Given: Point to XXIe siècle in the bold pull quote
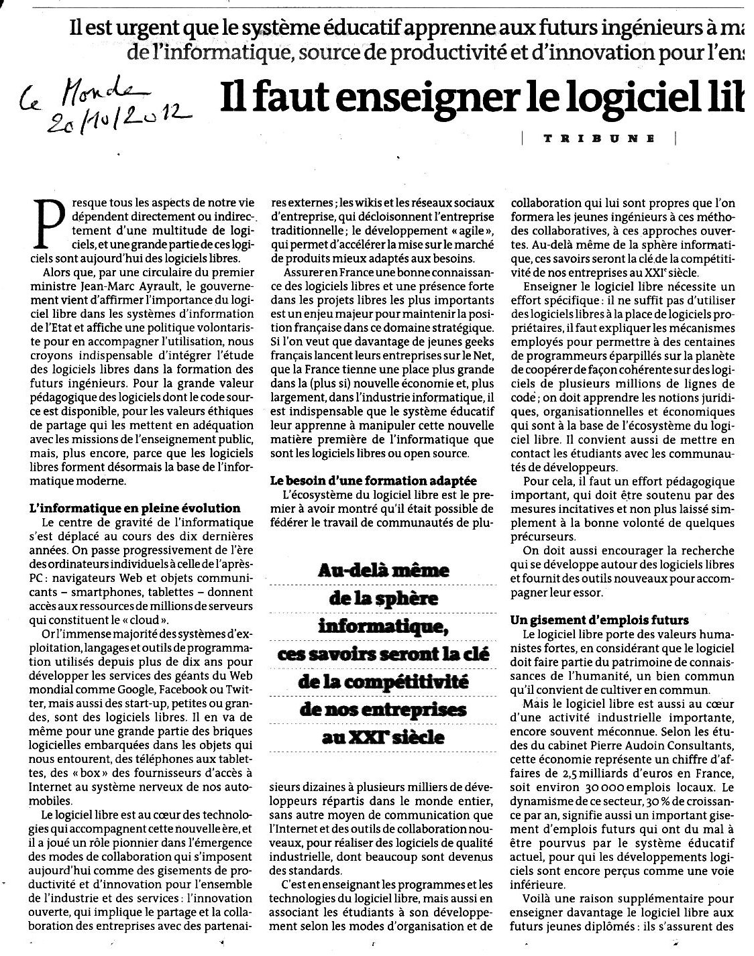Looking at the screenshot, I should pyautogui.click(x=382, y=737).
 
